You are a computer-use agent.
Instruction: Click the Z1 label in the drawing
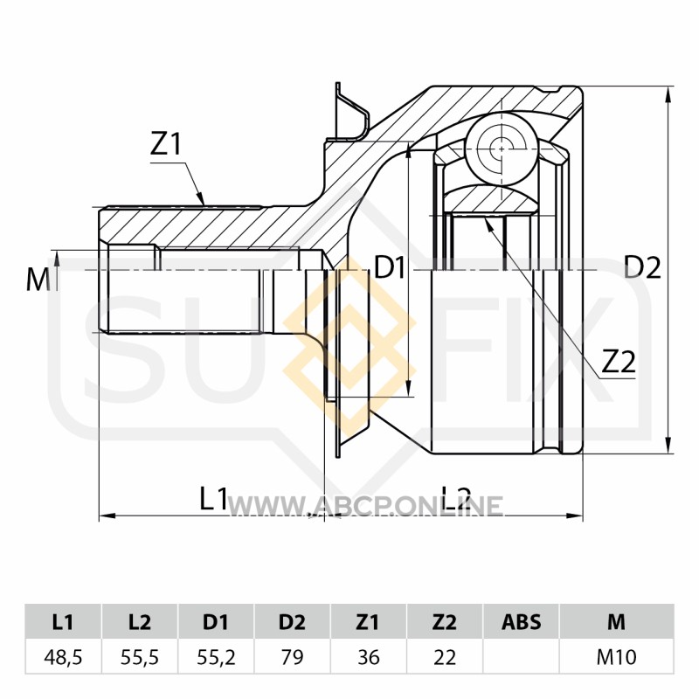[166, 144]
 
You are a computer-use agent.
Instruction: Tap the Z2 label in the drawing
[619, 362]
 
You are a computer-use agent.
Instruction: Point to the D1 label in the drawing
[389, 268]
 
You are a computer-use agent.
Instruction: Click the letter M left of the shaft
[38, 280]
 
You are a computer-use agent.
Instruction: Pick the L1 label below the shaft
[213, 498]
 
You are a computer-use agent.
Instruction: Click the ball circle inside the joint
[502, 149]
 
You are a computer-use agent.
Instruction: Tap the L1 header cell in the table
[63, 622]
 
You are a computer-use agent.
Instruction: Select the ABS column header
[521, 622]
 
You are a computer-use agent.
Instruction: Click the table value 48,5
[63, 657]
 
